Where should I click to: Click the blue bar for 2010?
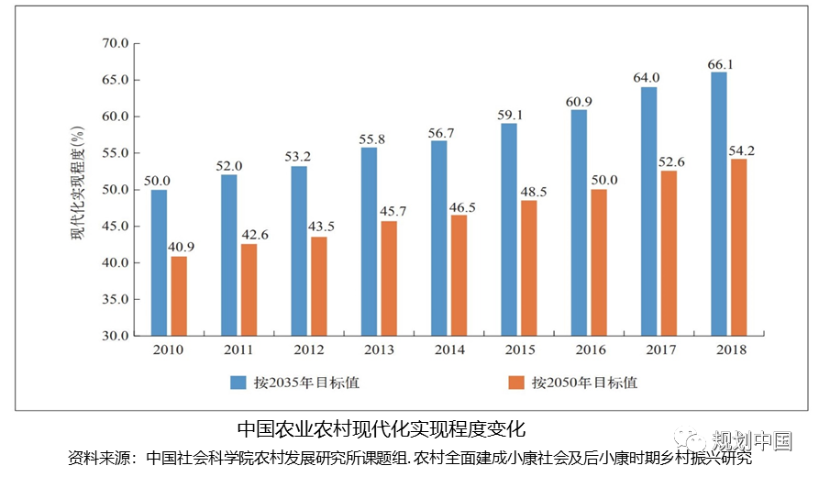coord(159,262)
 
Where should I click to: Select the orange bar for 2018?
coord(738,248)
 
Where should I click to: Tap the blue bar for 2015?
coord(509,229)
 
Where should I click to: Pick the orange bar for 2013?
coord(389,278)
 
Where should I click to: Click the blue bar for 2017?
coord(648,211)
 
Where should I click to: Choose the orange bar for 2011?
coord(249,290)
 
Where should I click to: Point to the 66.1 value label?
coord(719,64)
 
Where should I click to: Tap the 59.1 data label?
coord(509,116)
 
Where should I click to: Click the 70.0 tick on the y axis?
coord(116,43)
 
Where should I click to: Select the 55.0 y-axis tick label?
coord(116,153)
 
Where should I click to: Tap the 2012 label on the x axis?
coord(308,349)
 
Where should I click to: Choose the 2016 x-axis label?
coord(590,349)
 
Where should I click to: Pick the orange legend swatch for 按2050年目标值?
coord(516,382)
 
